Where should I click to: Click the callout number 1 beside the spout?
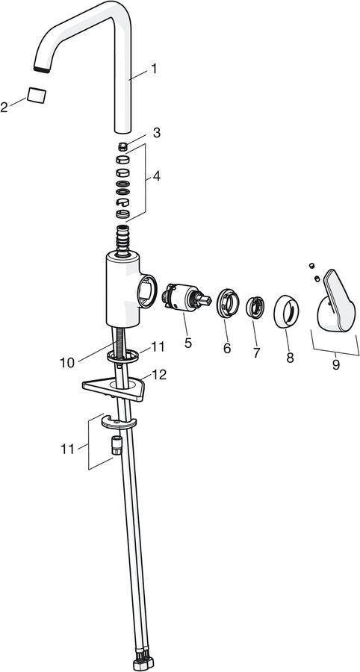pos(153,69)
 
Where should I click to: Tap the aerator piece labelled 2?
pos(37,95)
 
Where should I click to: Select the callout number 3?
pos(157,133)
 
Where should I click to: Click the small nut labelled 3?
pos(122,146)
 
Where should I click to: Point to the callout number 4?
pos(156,175)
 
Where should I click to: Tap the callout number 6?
pos(227,349)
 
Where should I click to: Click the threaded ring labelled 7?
pos(255,307)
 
